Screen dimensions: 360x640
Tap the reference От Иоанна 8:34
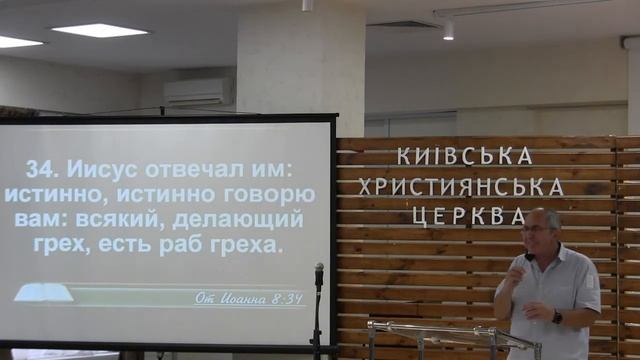pyautogui.click(x=249, y=297)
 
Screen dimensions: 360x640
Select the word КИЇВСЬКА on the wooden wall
pyautogui.click(x=464, y=156)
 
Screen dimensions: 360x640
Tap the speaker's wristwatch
pyautogui.click(x=557, y=316)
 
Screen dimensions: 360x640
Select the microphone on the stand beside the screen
pyautogui.click(x=320, y=272)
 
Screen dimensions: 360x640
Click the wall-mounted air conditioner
pyautogui.click(x=199, y=92)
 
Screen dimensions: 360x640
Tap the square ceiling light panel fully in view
pyautogui.click(x=99, y=31)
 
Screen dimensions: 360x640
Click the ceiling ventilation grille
pyautogui.click(x=406, y=24)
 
